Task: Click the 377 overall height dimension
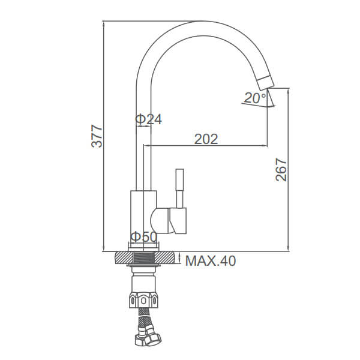[x=97, y=136]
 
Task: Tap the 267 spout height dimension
[x=281, y=170]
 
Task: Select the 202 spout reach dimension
[x=206, y=139]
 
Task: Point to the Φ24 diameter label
[x=149, y=119]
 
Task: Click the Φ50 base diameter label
[x=144, y=237]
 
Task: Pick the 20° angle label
[x=255, y=98]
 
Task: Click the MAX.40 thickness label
[x=211, y=261]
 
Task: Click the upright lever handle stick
[x=179, y=188]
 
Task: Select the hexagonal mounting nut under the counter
[x=143, y=300]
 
